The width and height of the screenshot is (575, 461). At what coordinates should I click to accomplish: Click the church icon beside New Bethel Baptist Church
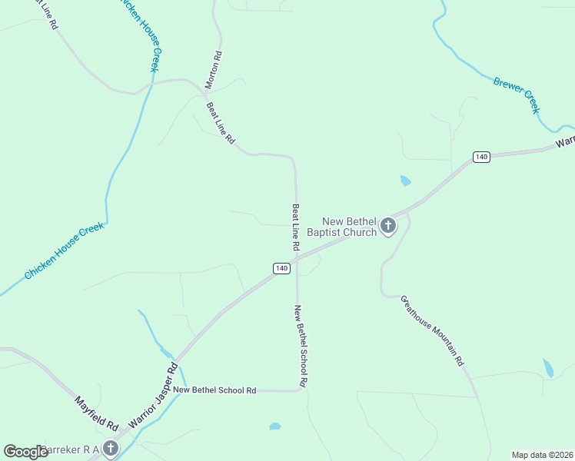point(388,226)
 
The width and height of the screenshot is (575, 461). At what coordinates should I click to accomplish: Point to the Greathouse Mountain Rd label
point(432,330)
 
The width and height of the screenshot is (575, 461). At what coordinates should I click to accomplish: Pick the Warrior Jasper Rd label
point(153,396)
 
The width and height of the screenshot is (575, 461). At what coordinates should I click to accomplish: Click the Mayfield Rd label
point(96,413)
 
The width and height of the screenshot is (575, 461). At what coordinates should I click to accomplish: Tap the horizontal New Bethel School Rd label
point(214,390)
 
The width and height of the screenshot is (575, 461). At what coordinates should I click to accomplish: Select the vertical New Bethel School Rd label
point(300,345)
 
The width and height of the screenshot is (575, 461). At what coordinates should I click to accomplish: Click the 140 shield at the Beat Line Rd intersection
point(281,267)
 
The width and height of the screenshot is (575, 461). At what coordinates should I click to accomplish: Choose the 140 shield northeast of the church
point(481,157)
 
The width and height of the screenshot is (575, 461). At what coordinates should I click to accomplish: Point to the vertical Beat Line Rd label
point(294,227)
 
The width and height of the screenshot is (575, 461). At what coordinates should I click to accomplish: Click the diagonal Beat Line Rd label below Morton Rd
point(221,124)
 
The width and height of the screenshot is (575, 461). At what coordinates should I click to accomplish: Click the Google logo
point(25,452)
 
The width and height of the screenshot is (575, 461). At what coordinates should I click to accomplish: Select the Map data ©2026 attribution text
point(542,455)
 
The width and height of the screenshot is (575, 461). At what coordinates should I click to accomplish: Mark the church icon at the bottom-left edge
point(111,448)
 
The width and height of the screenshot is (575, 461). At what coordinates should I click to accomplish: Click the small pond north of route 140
point(405,181)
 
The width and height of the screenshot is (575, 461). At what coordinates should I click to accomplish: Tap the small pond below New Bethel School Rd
point(274,426)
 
